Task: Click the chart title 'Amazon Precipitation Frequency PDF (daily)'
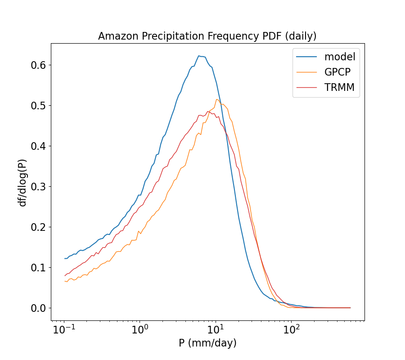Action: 207,36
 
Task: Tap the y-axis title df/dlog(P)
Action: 22,182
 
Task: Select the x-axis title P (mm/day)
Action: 207,343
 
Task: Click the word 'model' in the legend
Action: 340,57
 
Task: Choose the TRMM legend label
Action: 339,88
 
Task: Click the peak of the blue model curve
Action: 198,56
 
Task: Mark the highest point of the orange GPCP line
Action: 216,99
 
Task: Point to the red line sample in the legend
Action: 306,88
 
